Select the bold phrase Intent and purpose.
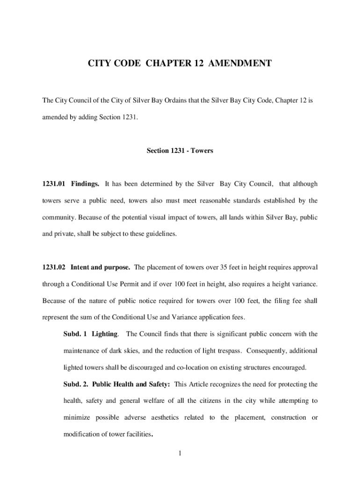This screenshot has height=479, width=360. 100,268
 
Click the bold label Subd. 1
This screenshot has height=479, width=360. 75,334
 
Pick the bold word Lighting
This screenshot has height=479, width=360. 105,334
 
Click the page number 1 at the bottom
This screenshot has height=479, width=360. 180,453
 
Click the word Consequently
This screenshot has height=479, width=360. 268,350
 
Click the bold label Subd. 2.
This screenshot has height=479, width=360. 75,384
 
